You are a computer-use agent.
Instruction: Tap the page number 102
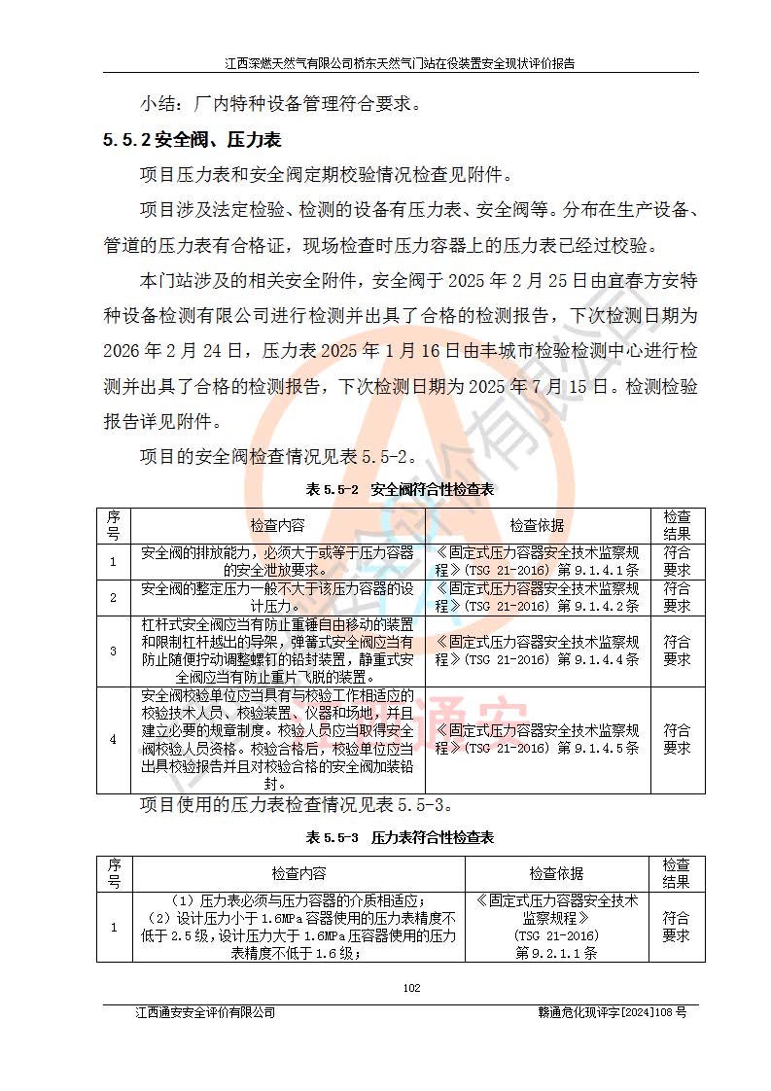411,988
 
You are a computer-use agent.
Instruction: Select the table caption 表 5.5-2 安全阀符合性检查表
400,489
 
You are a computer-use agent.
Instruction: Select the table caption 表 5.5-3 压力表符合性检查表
400,837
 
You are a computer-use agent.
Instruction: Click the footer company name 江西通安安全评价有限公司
205,1012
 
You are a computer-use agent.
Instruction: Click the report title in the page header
400,64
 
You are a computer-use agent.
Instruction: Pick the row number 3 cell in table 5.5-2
113,651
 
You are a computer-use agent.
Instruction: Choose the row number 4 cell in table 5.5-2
113,739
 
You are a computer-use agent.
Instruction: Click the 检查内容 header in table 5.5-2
277,525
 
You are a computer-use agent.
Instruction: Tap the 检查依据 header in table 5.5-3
557,873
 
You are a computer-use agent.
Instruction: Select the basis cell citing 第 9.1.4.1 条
537,561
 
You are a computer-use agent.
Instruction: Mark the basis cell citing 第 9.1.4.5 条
537,739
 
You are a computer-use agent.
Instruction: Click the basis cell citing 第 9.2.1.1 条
557,927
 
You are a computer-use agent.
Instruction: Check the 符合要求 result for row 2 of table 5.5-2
677,596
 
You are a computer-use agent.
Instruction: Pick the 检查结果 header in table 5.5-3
677,873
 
